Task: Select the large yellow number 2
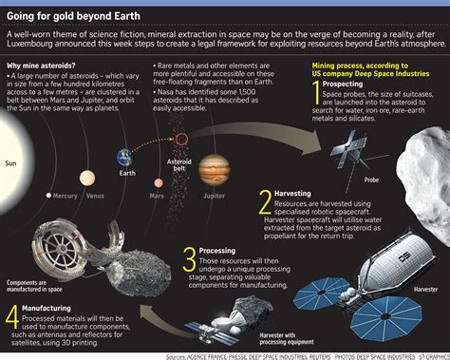266,202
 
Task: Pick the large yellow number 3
190,258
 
